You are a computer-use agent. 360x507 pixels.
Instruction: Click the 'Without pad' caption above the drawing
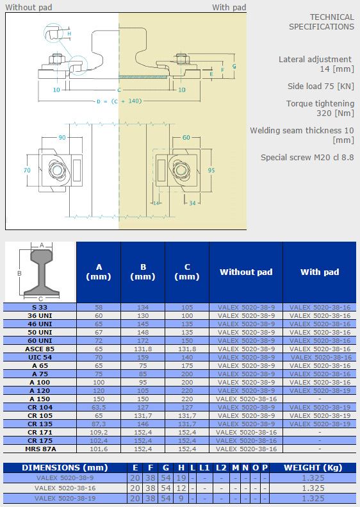[28, 7]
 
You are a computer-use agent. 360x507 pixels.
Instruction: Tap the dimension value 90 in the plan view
[62, 137]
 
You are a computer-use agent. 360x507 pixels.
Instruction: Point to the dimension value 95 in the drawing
[211, 170]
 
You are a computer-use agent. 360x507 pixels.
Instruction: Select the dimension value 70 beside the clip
[27, 170]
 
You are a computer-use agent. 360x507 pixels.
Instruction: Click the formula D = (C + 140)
[119, 101]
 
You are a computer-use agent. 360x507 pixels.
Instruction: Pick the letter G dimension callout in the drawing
[234, 66]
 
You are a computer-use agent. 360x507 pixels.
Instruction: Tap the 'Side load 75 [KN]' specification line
[321, 87]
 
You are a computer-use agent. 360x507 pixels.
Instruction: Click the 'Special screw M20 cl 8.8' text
[307, 158]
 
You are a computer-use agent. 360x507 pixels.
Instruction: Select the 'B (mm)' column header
[143, 272]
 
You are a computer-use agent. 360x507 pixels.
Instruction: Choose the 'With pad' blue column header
[320, 272]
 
